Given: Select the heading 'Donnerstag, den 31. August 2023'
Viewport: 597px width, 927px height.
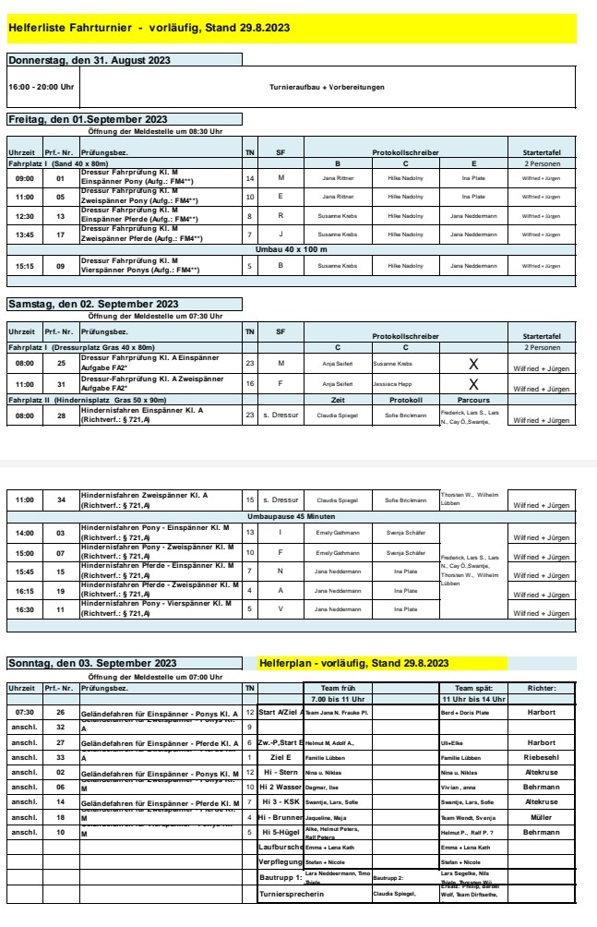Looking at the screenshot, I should click(x=89, y=61).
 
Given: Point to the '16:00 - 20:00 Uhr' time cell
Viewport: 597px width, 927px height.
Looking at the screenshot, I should click(x=41, y=88).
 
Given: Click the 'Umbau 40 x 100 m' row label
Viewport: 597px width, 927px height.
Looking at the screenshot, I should click(x=292, y=249).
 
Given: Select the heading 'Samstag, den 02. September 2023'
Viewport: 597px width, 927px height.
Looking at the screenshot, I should click(x=92, y=303).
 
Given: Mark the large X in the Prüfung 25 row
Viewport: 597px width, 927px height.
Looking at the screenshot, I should click(x=473, y=365).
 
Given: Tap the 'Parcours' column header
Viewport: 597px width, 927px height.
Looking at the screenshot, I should click(x=473, y=400).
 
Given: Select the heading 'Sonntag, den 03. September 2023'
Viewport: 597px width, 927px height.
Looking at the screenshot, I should click(x=91, y=663).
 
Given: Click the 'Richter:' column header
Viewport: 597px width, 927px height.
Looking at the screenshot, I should click(x=540, y=687).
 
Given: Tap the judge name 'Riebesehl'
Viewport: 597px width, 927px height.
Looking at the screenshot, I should click(x=540, y=754).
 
